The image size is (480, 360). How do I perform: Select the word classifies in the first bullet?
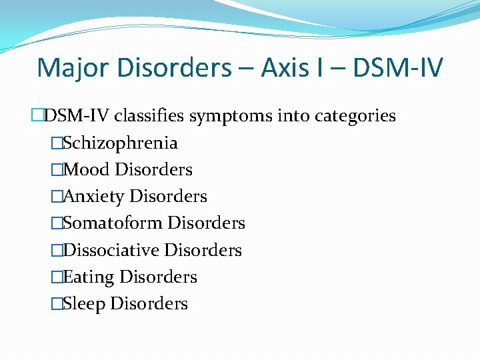tap(151, 116)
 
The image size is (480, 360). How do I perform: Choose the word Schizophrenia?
tap(120, 143)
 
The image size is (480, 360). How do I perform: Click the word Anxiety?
tap(93, 197)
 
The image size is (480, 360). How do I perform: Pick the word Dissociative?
tap(111, 250)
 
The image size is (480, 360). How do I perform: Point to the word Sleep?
tap(84, 304)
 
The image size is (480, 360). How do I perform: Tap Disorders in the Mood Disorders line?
tap(154, 170)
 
